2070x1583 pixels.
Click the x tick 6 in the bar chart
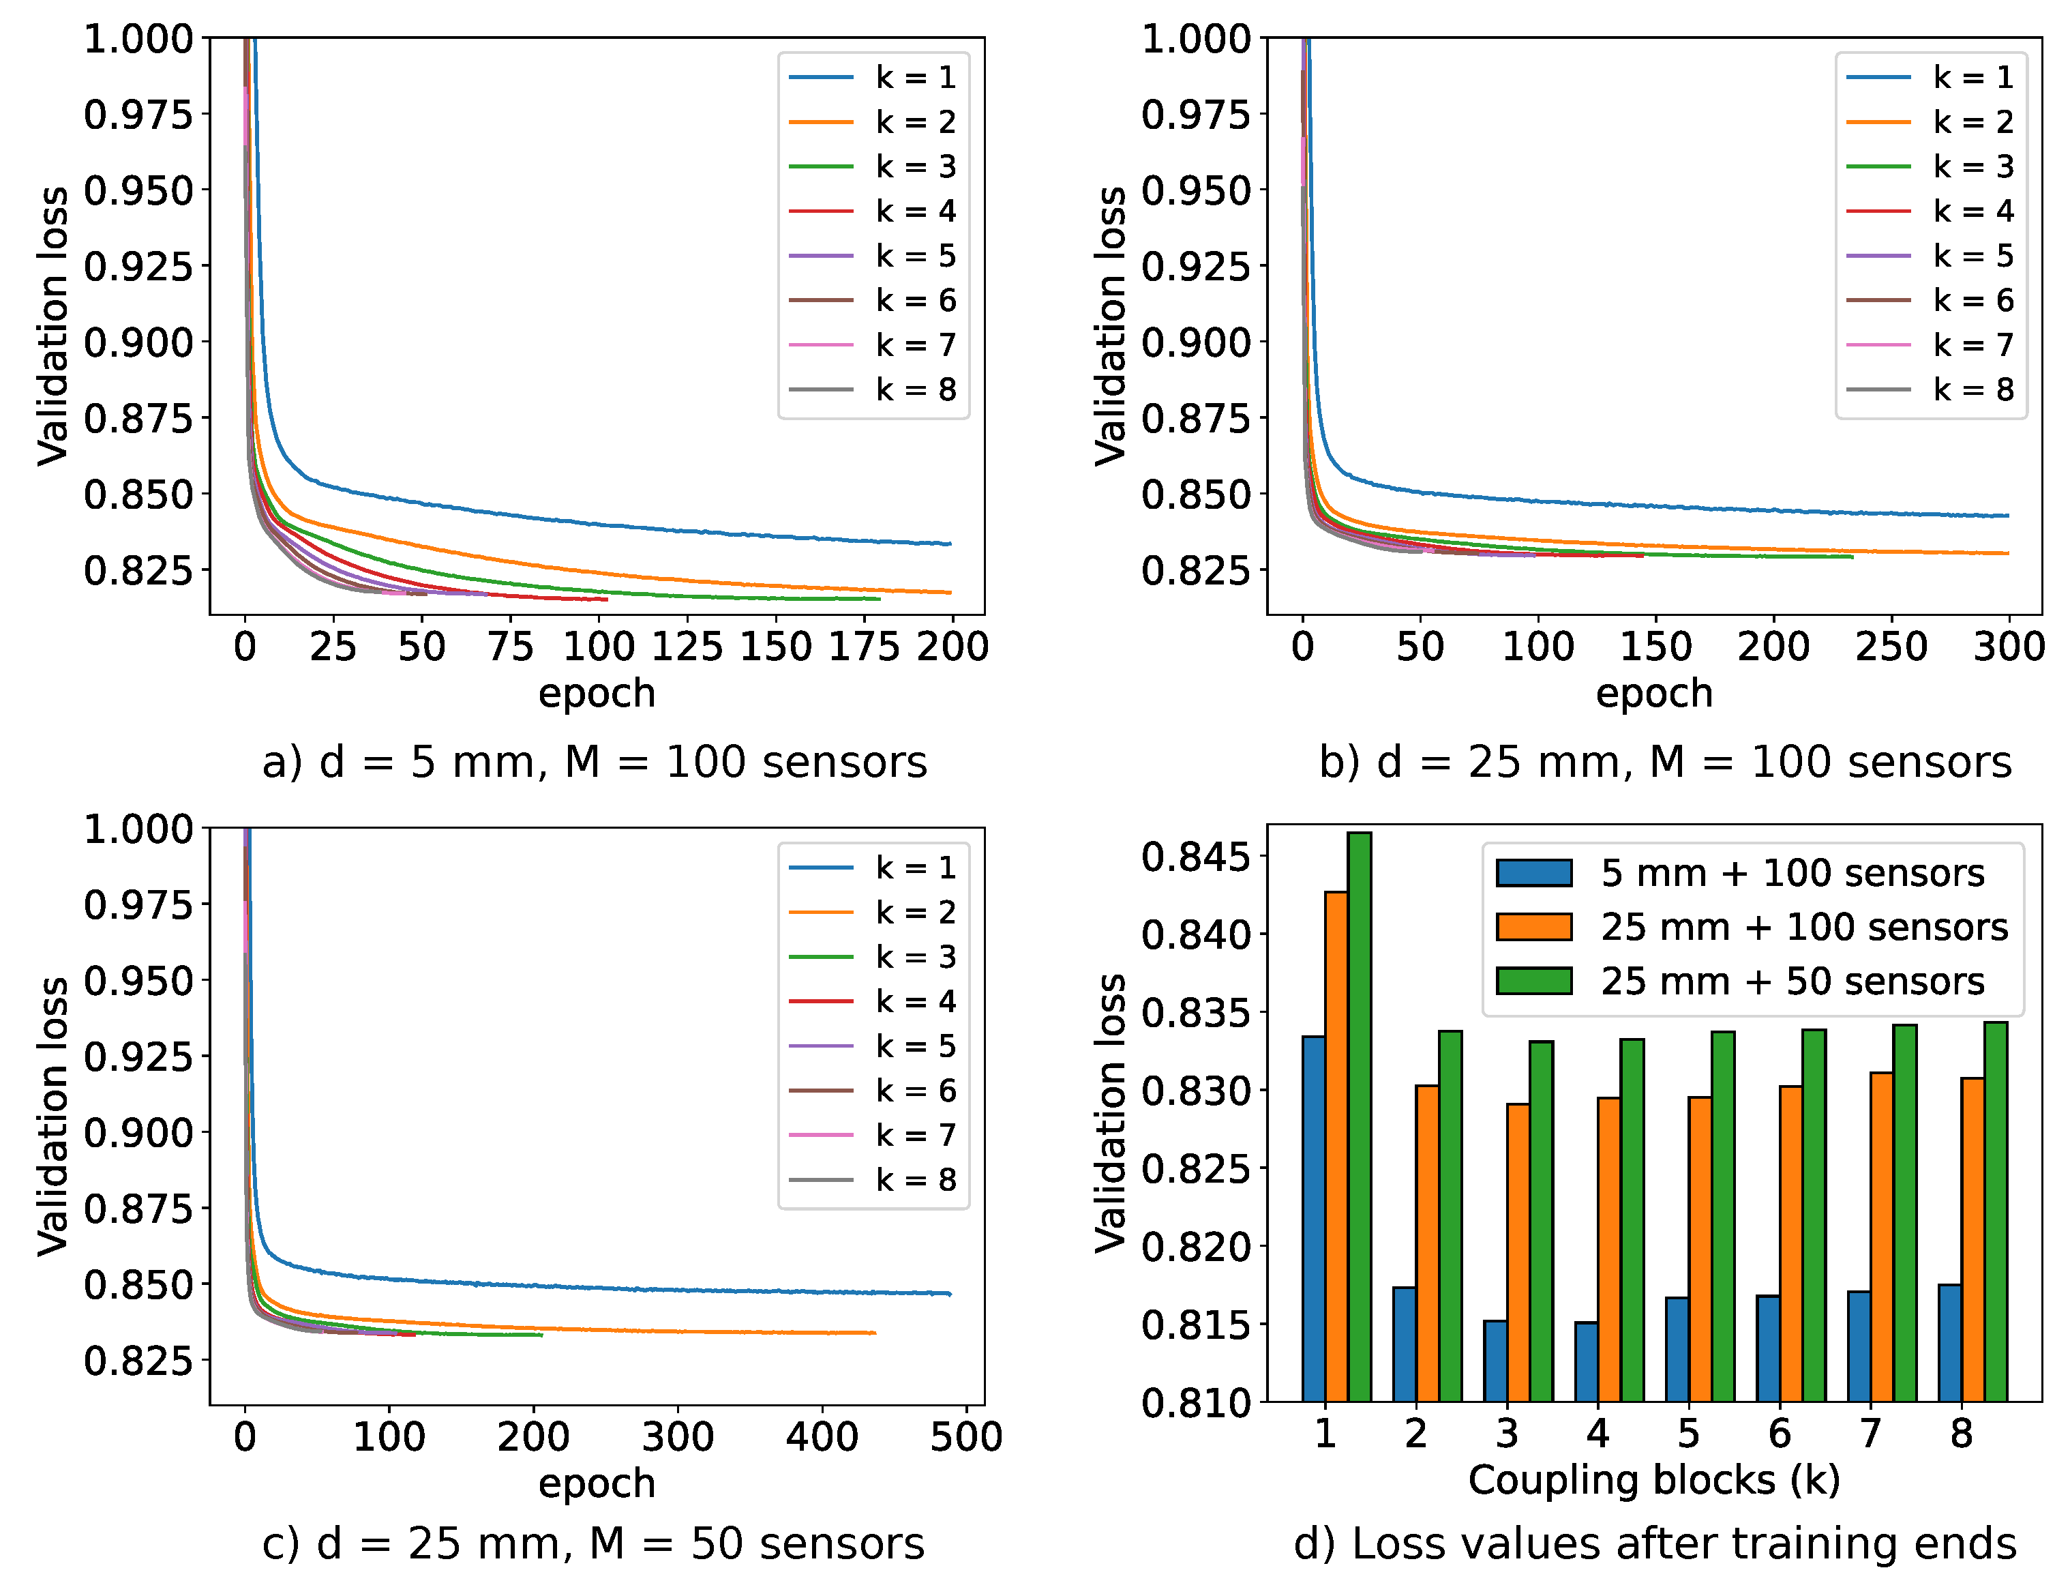1779,1434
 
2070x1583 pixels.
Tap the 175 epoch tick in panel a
864,647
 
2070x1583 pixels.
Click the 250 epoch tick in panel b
1891,647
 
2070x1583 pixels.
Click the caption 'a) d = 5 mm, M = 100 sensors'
595,761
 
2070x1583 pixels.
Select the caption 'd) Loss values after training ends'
1655,1543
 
